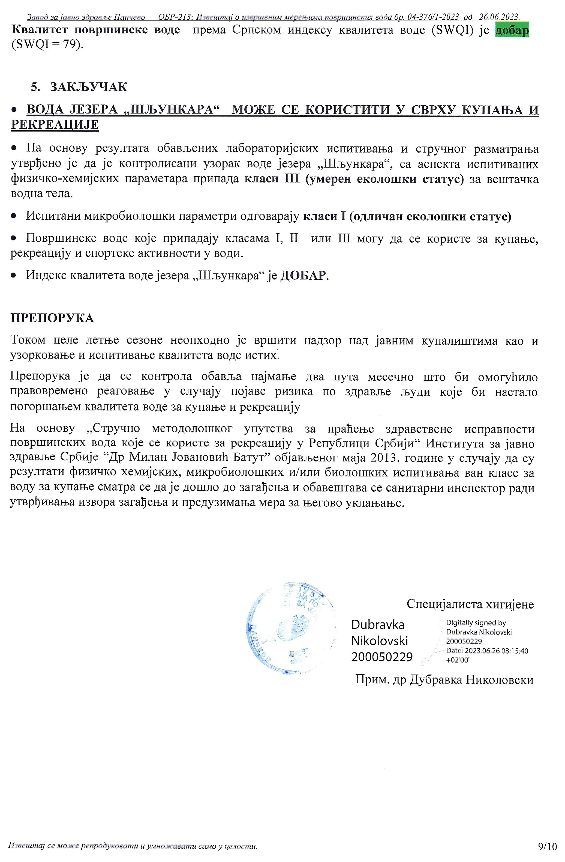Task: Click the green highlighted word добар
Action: [x=512, y=30]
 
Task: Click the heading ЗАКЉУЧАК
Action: [x=88, y=87]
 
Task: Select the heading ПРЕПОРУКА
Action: [x=52, y=318]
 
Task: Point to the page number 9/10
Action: [x=547, y=846]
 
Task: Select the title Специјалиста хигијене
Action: [x=470, y=604]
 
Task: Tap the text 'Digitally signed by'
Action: [x=476, y=623]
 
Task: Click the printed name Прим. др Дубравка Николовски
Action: [x=444, y=680]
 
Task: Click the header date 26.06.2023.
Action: [x=500, y=17]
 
